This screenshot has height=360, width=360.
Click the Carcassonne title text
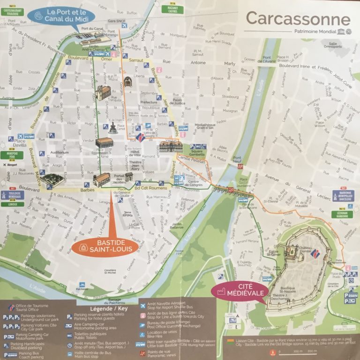298,19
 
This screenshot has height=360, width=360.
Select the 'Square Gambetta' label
197,153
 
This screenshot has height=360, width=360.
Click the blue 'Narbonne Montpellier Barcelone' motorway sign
344,196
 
